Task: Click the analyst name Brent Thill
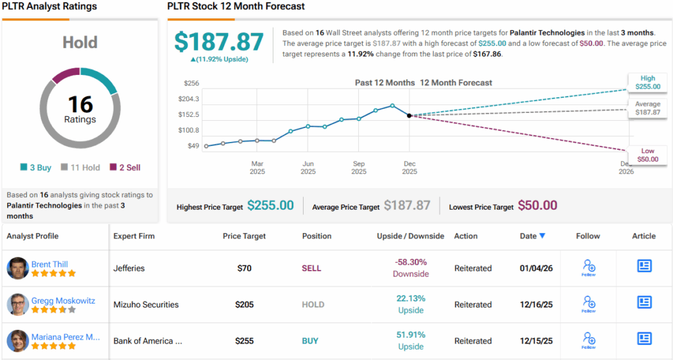click(50, 264)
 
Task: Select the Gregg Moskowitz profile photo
click(18, 305)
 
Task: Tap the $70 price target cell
click(245, 268)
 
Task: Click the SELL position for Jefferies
click(312, 268)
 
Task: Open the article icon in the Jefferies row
click(644, 266)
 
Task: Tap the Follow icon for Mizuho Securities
click(589, 303)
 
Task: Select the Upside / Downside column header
click(410, 236)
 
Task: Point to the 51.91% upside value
click(411, 335)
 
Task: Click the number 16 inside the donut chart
click(80, 104)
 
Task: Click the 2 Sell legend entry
click(125, 168)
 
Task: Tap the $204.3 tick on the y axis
click(189, 99)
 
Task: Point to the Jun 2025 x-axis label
click(308, 168)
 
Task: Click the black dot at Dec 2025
click(409, 116)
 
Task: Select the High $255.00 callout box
click(647, 81)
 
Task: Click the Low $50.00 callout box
click(647, 155)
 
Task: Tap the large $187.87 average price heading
click(219, 41)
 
